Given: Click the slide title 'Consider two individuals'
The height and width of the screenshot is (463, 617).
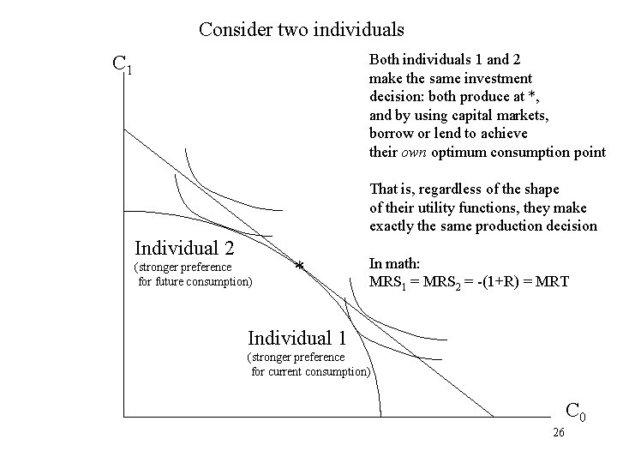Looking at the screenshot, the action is click(301, 30).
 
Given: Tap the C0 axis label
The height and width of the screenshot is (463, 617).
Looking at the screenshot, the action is click(575, 412).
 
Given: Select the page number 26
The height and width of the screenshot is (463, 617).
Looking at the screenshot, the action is click(558, 433).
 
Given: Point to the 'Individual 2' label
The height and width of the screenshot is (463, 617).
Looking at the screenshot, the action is click(184, 249).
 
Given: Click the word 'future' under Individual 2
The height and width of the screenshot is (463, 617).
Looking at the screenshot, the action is click(171, 280).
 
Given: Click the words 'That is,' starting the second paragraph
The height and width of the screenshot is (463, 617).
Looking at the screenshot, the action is click(391, 189).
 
